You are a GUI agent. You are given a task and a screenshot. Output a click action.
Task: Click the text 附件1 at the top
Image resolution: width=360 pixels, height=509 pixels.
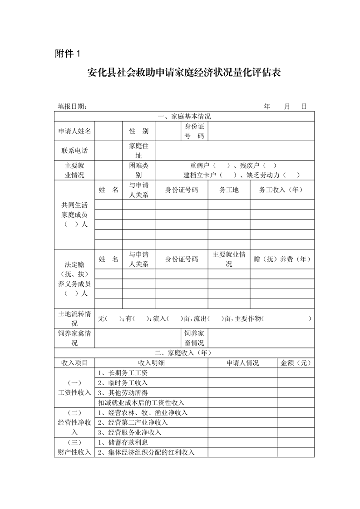point(67,54)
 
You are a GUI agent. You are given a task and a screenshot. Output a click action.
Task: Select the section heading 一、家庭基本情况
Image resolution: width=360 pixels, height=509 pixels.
point(184,117)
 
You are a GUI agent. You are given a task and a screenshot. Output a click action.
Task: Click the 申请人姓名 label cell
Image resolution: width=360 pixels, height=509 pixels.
point(74,131)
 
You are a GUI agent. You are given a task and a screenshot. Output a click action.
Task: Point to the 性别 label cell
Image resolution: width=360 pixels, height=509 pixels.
point(138,131)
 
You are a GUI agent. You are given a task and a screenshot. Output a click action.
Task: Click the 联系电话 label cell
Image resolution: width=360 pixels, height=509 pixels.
point(74,151)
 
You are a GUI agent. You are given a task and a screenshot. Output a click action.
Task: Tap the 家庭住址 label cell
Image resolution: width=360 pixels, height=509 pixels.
point(138,151)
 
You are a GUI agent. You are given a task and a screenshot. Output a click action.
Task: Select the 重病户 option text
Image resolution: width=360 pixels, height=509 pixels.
point(201,166)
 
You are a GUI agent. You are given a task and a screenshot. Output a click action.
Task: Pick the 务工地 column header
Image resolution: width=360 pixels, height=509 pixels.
point(229,190)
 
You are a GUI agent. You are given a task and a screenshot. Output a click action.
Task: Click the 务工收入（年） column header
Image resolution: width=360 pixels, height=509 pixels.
point(281,190)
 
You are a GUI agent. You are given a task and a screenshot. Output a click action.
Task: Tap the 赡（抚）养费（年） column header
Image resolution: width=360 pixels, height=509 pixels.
point(281,259)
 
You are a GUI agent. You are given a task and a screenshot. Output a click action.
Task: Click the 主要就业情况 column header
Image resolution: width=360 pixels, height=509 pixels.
point(229,259)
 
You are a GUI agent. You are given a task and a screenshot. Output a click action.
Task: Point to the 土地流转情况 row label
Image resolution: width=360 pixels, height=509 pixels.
point(74,318)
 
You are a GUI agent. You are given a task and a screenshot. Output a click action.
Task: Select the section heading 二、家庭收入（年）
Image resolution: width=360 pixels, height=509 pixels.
point(184,352)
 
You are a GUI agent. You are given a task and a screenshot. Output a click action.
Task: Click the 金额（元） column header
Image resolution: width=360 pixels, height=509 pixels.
point(296,362)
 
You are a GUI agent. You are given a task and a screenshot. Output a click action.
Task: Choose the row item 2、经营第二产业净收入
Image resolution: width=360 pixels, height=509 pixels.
point(133,422)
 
